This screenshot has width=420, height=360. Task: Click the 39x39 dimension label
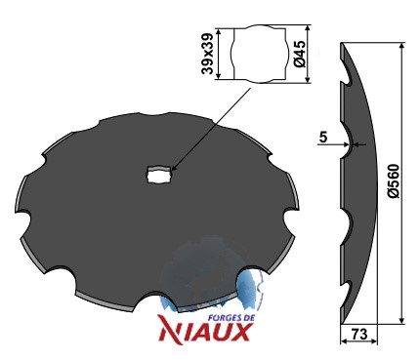click(x=207, y=54)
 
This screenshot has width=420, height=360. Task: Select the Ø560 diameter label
click(x=394, y=180)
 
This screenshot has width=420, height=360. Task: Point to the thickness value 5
click(x=323, y=138)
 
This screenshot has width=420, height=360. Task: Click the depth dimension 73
click(x=359, y=334)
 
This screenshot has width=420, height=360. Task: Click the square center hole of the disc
click(x=159, y=174)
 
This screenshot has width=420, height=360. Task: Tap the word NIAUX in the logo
click(x=205, y=332)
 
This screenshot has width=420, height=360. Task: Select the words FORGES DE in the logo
click(x=231, y=318)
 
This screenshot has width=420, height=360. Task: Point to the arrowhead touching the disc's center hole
click(x=173, y=168)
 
